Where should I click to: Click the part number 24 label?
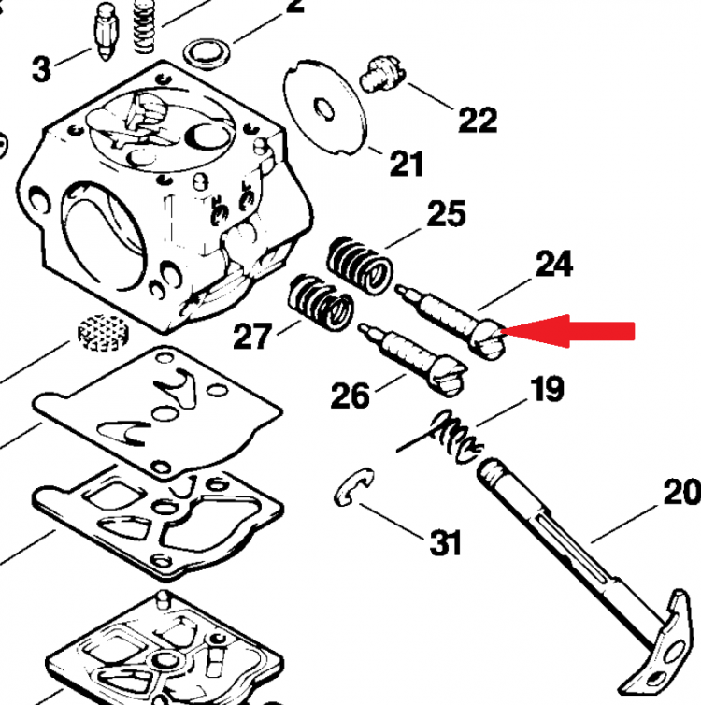click(x=553, y=265)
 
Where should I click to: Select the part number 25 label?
click(x=446, y=214)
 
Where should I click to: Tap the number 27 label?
click(x=252, y=336)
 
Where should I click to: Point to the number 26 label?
click(x=350, y=396)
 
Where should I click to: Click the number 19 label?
click(x=547, y=389)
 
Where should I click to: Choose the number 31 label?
click(x=445, y=541)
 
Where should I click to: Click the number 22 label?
click(x=477, y=120)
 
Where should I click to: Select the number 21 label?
click(x=406, y=165)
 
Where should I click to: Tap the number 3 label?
click(x=41, y=68)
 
